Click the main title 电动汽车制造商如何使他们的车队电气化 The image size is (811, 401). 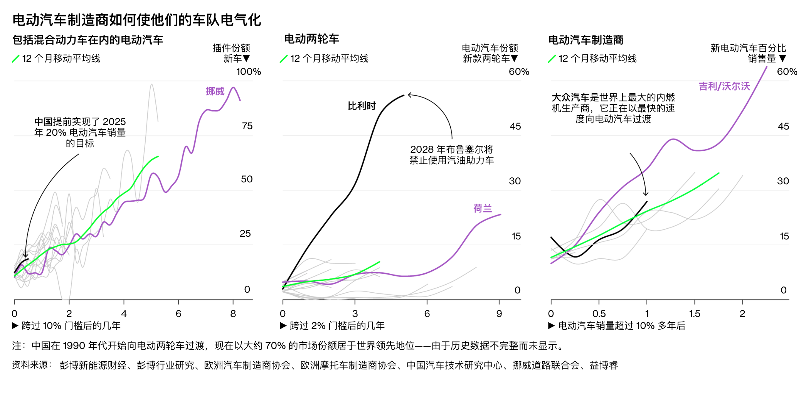click(x=137, y=20)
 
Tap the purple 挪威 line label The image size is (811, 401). click(x=215, y=91)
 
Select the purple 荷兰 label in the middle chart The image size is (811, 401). click(x=483, y=209)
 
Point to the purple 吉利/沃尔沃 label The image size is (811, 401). click(x=724, y=86)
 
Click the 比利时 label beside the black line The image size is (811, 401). click(x=362, y=106)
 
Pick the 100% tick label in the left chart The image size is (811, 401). click(x=249, y=72)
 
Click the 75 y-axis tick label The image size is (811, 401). click(x=247, y=126)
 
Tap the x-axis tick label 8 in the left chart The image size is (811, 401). click(x=233, y=314)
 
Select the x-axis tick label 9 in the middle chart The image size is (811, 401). click(x=499, y=314)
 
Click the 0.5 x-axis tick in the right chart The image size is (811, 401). click(x=599, y=314)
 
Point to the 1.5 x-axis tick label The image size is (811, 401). click(x=695, y=314)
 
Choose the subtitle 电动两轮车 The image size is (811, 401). click(x=311, y=39)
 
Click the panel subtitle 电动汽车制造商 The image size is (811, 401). click(x=586, y=40)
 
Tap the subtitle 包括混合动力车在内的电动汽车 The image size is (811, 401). click(x=88, y=40)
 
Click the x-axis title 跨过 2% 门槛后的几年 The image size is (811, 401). click(x=337, y=326)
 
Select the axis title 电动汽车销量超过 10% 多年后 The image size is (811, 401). click(x=621, y=326)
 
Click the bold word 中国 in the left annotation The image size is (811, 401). click(x=43, y=122)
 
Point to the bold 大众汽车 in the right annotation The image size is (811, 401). click(x=570, y=98)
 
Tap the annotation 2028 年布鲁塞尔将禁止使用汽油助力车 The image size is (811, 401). click(x=451, y=155)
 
